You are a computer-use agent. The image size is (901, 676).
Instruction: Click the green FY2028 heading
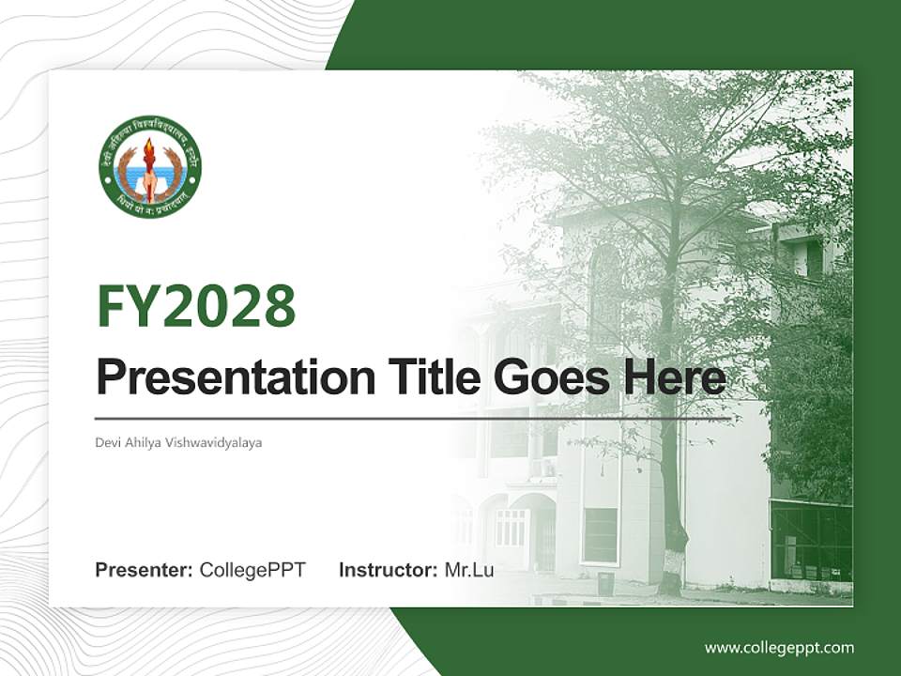coord(196,307)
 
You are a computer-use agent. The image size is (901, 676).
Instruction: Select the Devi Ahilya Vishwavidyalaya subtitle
coord(178,441)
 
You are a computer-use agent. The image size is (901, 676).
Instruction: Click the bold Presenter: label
coord(145,570)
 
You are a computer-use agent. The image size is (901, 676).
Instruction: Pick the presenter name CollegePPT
coord(252,570)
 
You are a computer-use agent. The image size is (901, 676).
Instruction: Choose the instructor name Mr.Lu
coord(468,570)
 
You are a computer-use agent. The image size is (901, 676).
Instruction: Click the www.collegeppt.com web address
coord(779,647)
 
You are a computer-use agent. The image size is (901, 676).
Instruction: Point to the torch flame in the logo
coord(149,150)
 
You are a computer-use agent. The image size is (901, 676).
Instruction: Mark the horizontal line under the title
coord(413,418)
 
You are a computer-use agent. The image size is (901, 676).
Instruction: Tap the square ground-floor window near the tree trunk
coord(600,535)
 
